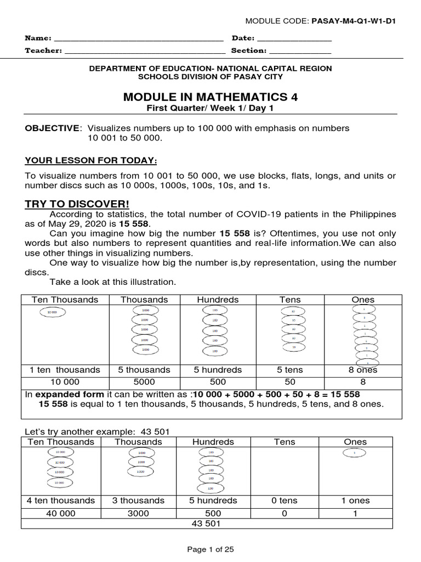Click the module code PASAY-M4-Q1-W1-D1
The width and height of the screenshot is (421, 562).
pyautogui.click(x=354, y=21)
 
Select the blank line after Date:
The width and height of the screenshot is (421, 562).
pyautogui.click(x=294, y=40)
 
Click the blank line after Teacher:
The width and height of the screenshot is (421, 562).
pyautogui.click(x=145, y=52)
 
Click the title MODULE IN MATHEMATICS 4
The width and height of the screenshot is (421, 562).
pyautogui.click(x=210, y=97)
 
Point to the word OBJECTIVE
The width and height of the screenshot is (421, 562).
pyautogui.click(x=52, y=128)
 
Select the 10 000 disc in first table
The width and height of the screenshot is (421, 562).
pyautogui.click(x=53, y=312)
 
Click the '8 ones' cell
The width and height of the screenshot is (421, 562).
pyautogui.click(x=363, y=370)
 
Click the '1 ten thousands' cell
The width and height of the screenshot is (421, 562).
pyautogui.click(x=65, y=370)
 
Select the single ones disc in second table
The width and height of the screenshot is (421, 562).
pyautogui.click(x=355, y=453)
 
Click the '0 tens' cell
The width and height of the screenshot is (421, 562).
pyautogui.click(x=284, y=501)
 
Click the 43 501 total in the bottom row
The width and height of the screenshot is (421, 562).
pyautogui.click(x=206, y=524)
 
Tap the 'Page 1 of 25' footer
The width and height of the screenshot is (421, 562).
pyautogui.click(x=210, y=549)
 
